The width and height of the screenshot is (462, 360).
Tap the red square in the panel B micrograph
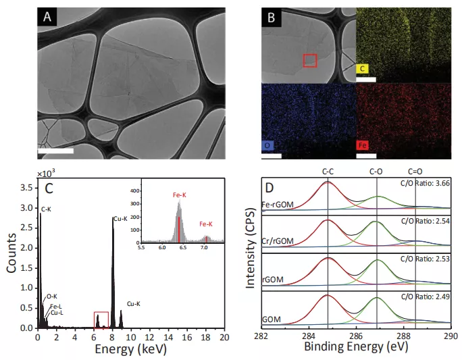(x=309, y=61)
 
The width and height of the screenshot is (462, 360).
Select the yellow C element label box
(x=363, y=68)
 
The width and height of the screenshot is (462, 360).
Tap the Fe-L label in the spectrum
(x=57, y=305)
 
